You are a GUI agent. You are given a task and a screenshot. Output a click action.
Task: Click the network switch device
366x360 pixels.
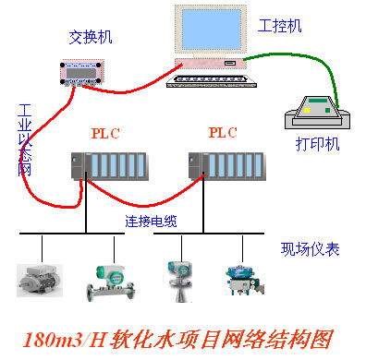pyautogui.click(x=85, y=73)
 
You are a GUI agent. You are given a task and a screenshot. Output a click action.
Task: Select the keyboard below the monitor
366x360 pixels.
pyautogui.click(x=209, y=78)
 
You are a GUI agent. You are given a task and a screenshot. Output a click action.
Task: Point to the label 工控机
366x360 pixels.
pyautogui.click(x=280, y=25)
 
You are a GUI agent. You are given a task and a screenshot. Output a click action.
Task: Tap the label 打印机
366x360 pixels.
pyautogui.click(x=317, y=145)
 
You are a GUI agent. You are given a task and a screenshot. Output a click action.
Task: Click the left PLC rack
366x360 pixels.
pyautogui.click(x=110, y=167)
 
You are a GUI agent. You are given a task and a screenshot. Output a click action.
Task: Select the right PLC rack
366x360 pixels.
pyautogui.click(x=227, y=167)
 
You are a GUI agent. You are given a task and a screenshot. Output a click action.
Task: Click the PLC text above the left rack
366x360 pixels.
pyautogui.click(x=105, y=133)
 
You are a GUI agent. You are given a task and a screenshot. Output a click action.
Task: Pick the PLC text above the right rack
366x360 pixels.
pyautogui.click(x=224, y=132)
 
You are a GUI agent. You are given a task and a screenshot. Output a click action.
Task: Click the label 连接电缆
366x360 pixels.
pyautogui.click(x=152, y=222)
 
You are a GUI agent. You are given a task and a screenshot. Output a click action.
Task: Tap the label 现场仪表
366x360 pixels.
pyautogui.click(x=311, y=249)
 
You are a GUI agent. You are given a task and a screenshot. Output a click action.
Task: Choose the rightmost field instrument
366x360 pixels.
pyautogui.click(x=239, y=280)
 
